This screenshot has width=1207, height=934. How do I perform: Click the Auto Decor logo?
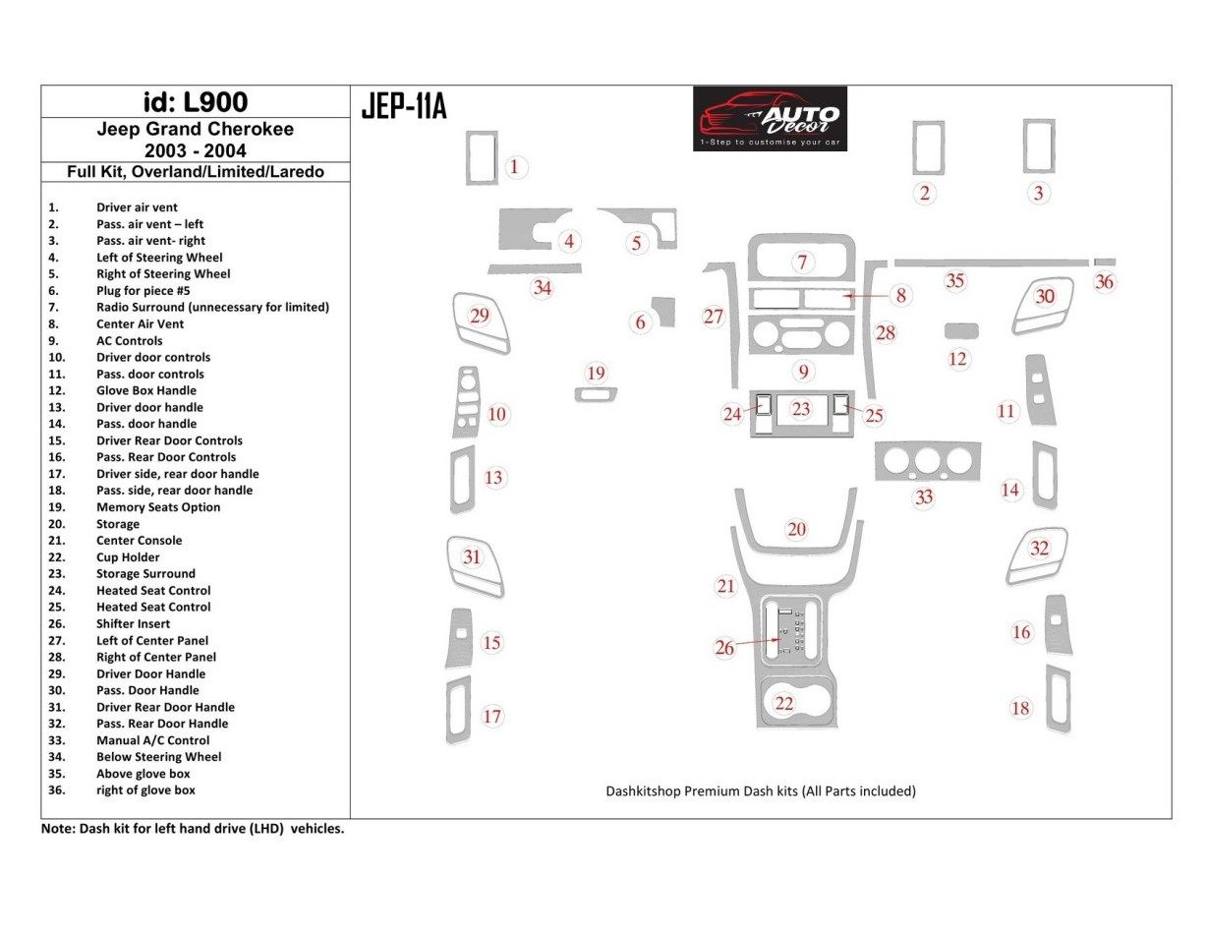(x=770, y=118)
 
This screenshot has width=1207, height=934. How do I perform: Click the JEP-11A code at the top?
(x=404, y=105)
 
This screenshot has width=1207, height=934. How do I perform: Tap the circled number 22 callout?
(x=783, y=703)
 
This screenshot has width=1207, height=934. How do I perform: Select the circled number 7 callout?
(x=802, y=262)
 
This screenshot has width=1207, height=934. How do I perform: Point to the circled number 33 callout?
(x=923, y=496)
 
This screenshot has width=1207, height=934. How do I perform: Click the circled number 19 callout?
(x=596, y=373)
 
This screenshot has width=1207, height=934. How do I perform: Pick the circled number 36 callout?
(x=1105, y=282)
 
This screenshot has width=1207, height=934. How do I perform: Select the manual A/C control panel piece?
(x=927, y=462)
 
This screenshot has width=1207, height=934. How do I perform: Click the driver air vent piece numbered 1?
(x=482, y=156)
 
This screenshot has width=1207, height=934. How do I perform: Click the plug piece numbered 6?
(x=664, y=311)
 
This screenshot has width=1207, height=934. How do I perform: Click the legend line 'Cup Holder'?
(x=128, y=557)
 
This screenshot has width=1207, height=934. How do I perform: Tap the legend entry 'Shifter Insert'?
(x=133, y=623)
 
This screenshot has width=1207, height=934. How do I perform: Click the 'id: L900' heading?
(x=195, y=102)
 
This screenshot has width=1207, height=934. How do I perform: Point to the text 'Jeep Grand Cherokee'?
(x=195, y=129)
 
